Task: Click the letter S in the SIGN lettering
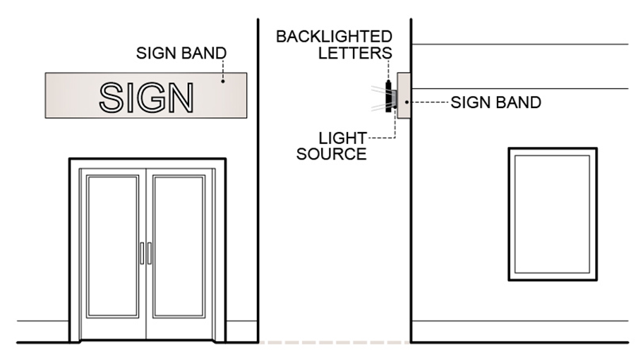tap(113, 98)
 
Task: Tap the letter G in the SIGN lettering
tap(154, 98)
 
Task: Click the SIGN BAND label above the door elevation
tap(181, 53)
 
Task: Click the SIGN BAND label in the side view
tap(495, 102)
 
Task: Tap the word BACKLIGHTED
tap(334, 37)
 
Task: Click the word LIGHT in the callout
tap(342, 138)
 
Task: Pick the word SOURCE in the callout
tap(331, 154)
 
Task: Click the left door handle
tap(141, 253)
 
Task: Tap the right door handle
tap(150, 253)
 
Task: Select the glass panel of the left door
tap(112, 246)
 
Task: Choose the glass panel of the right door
tap(179, 246)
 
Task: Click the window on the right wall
tap(552, 214)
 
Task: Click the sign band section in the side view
tap(403, 95)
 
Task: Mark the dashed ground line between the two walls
tap(334, 343)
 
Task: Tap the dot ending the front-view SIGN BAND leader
tap(224, 81)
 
